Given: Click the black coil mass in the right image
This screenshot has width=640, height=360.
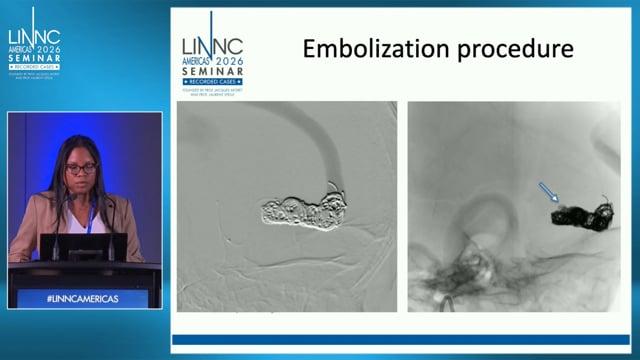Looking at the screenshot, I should (585, 211).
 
